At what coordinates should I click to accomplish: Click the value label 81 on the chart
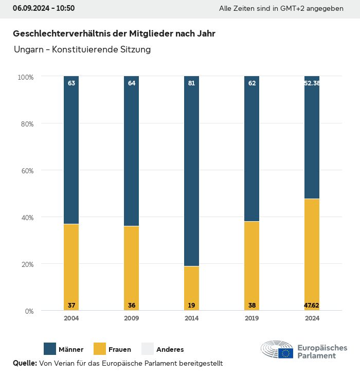coord(191,83)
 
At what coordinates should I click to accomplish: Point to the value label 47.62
coord(312,306)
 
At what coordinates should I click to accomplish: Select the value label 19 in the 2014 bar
coord(191,306)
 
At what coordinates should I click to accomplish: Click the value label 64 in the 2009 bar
coord(132,83)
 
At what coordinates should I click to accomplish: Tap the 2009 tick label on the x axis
coord(132,318)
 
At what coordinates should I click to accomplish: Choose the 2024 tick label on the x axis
coord(312,318)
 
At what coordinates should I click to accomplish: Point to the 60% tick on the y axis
coord(26,171)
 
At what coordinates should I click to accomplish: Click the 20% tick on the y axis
coord(26,264)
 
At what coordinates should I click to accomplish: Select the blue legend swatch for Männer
coord(50,349)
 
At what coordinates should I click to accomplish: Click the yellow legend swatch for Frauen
coord(100,349)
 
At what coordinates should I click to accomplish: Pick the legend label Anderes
coord(170,350)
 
